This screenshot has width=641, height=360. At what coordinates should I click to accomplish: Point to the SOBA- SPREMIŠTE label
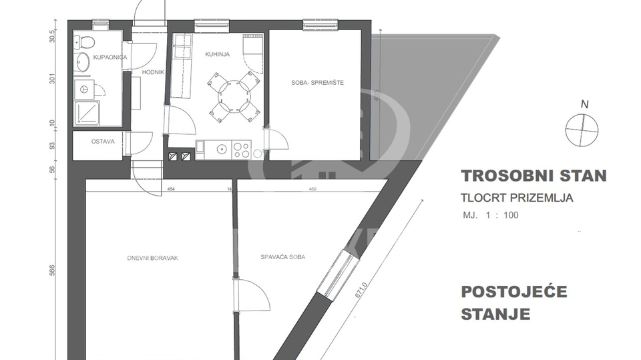pyautogui.click(x=313, y=83)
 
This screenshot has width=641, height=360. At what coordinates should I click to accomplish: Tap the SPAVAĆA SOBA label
pyautogui.click(x=282, y=257)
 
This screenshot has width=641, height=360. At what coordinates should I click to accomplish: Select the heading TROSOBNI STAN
pyautogui.click(x=533, y=176)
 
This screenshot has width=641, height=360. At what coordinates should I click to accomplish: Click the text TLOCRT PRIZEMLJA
pyautogui.click(x=517, y=198)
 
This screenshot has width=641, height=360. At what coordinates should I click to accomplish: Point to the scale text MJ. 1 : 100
pyautogui.click(x=491, y=215)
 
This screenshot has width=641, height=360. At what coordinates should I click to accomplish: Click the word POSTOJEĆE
pyautogui.click(x=514, y=292)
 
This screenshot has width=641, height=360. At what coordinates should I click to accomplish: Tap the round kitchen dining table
pyautogui.click(x=228, y=93)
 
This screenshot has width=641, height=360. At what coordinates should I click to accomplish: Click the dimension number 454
pyautogui.click(x=152, y=190)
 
